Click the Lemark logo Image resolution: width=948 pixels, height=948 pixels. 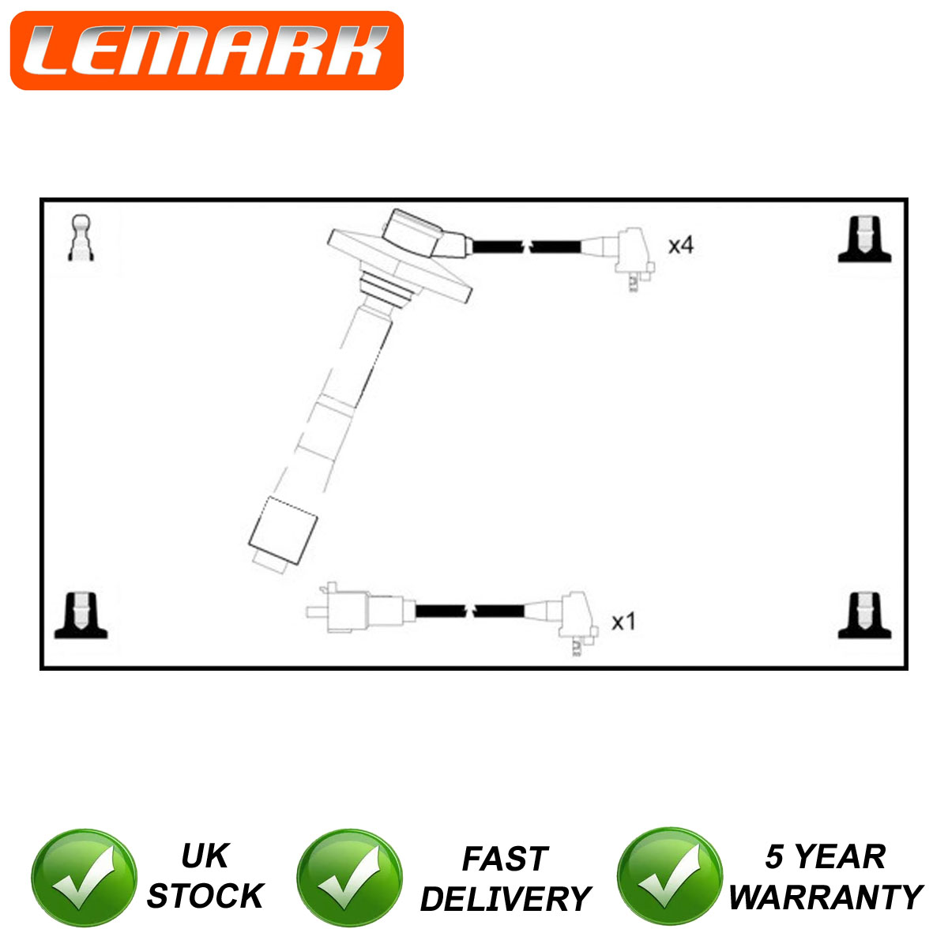(x=207, y=51)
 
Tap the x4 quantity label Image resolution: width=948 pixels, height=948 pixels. (x=680, y=245)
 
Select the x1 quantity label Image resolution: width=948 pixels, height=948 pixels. (x=623, y=622)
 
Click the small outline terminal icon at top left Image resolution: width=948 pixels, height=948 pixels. (x=81, y=238)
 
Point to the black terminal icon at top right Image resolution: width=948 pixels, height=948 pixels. (x=864, y=239)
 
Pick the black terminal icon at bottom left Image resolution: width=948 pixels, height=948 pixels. (x=81, y=615)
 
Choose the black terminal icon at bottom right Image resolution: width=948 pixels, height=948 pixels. (x=864, y=615)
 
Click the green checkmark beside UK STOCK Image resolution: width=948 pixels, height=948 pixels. (x=84, y=878)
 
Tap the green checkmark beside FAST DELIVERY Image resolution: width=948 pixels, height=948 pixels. (x=349, y=878)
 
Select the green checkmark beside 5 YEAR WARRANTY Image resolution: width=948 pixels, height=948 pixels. (x=670, y=877)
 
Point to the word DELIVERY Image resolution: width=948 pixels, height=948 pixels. (x=506, y=899)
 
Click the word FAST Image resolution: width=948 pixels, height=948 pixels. (x=505, y=859)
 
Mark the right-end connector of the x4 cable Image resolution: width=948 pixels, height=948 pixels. (x=633, y=258)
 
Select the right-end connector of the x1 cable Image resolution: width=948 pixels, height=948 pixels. (x=578, y=623)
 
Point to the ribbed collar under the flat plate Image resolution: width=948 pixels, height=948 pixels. (x=386, y=289)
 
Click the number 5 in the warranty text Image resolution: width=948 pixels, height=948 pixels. (x=774, y=856)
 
